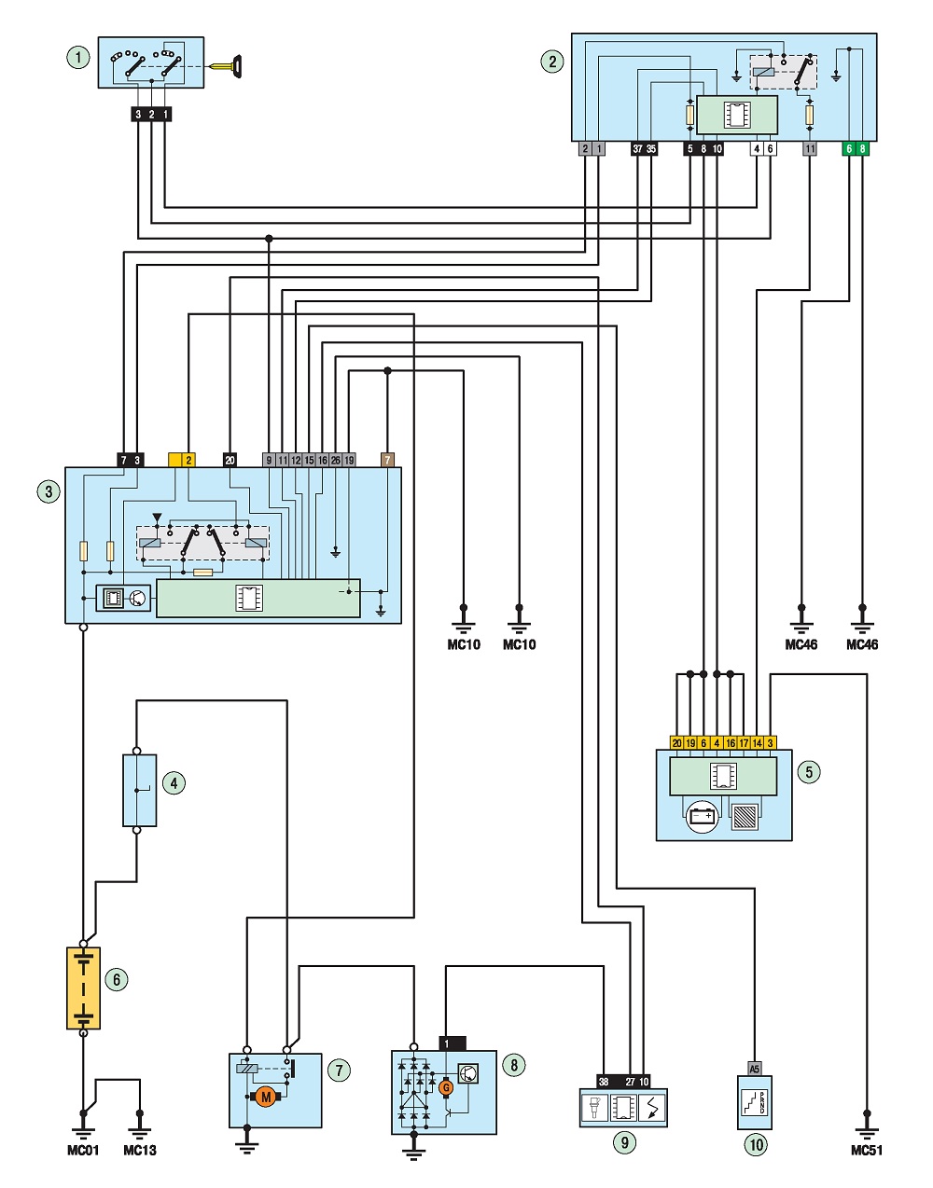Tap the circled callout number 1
click(x=78, y=58)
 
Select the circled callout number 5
click(x=809, y=771)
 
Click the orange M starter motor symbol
click(x=266, y=1096)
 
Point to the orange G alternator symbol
click(x=446, y=1088)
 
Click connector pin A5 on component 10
click(x=755, y=1069)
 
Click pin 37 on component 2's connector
click(x=637, y=148)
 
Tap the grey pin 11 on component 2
click(x=810, y=148)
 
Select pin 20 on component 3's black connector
click(x=230, y=461)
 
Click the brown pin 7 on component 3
click(x=387, y=461)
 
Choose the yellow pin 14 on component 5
click(x=757, y=743)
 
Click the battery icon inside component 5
click(x=702, y=817)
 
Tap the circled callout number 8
click(x=513, y=1065)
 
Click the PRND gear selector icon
click(x=755, y=1102)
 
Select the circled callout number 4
click(x=174, y=783)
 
